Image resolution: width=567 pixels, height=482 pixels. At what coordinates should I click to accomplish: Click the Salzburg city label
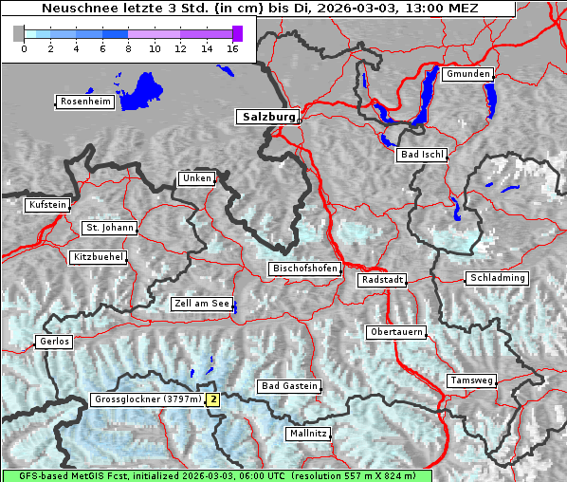267,117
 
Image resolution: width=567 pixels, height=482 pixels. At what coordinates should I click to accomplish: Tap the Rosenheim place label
84,102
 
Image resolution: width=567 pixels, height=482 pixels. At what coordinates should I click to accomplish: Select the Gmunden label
467,74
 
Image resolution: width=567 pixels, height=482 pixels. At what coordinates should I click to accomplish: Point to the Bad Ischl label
421,155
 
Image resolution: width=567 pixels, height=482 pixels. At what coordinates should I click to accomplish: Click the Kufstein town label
46,205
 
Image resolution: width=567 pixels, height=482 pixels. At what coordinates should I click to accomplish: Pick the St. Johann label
109,228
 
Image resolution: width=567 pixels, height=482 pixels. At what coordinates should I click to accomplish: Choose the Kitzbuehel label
98,257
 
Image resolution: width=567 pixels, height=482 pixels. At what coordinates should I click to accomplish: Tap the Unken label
195,178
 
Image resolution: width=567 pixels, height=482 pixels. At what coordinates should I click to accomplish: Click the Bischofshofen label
304,269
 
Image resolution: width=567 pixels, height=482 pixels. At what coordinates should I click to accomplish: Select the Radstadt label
381,281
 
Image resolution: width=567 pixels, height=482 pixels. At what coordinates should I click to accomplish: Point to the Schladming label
496,278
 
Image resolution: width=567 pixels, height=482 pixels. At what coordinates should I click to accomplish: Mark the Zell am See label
201,305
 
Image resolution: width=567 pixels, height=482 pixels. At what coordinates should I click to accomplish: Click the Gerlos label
54,342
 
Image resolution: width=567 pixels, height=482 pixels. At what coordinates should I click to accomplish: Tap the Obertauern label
395,332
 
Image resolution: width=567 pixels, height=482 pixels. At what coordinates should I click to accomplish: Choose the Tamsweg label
470,380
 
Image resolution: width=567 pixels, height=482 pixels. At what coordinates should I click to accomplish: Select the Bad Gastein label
289,386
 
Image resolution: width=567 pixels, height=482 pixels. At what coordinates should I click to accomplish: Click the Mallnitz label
307,434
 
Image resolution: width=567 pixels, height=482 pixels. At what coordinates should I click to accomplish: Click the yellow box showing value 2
213,399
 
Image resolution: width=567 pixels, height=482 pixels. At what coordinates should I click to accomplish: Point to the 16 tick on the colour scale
231,48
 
